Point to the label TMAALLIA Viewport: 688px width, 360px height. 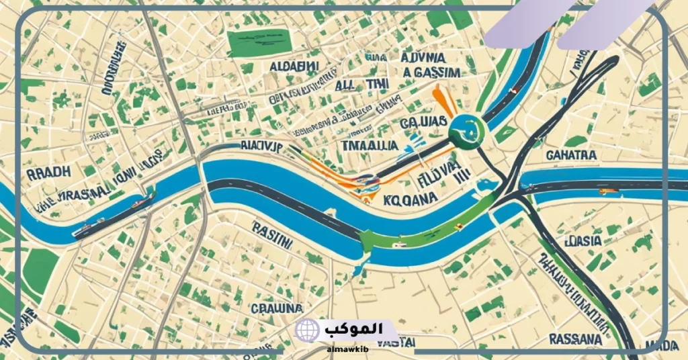(x=370, y=145)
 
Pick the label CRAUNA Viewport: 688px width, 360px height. (x=277, y=308)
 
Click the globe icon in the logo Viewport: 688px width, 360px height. (x=307, y=330)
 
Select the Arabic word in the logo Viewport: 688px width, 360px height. (x=354, y=329)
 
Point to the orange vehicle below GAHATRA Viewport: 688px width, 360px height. (x=607, y=191)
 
